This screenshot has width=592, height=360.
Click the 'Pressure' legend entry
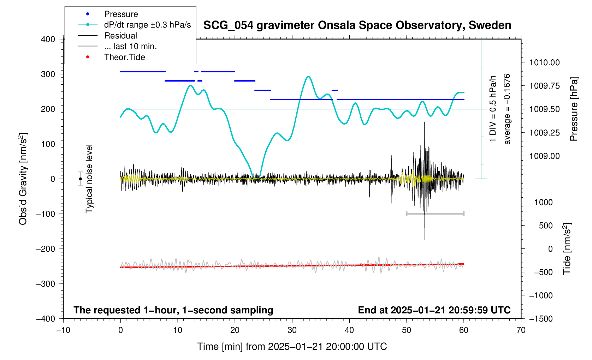tap(121, 14)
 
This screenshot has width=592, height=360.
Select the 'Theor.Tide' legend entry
tap(124, 57)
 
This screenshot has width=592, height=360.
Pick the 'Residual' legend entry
tap(120, 36)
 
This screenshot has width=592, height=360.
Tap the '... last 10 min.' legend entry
tap(130, 46)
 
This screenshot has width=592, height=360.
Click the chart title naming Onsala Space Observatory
tap(357, 25)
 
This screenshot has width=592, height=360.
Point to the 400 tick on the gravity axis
tap(48, 39)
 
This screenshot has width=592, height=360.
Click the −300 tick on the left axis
tap(46, 284)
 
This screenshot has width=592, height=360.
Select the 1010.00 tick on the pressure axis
tap(544, 63)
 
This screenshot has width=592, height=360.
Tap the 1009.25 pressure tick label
tap(544, 133)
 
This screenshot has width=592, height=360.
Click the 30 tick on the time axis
tap(292, 330)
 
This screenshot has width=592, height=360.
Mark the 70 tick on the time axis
tap(521, 330)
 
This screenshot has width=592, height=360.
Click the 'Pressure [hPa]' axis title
tap(574, 109)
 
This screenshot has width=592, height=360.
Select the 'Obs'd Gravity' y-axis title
tap(23, 179)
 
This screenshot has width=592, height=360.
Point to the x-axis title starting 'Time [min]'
tap(292, 347)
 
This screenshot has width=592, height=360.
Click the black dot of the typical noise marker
tap(81, 179)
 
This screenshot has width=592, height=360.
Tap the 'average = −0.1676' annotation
tap(507, 109)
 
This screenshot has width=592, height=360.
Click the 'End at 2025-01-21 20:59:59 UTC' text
tap(434, 310)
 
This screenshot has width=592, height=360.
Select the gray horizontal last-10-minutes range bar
tap(435, 214)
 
